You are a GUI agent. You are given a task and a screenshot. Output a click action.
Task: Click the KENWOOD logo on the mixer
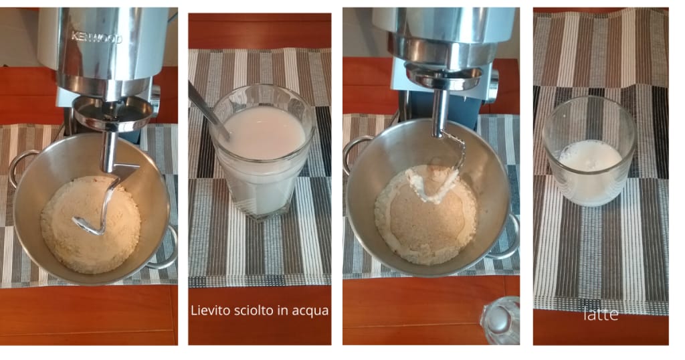[x=96, y=38]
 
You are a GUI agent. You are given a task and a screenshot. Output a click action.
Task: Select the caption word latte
[x=601, y=314]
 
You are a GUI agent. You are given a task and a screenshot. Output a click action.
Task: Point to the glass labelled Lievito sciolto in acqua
[x=262, y=151]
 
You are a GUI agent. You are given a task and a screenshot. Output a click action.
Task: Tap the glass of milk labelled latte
[x=589, y=151]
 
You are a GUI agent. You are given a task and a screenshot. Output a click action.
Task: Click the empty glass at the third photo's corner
[x=500, y=321]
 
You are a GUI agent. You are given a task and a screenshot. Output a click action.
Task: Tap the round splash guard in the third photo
[x=444, y=76]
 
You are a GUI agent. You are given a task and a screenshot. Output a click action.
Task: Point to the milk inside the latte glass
[x=590, y=173]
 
